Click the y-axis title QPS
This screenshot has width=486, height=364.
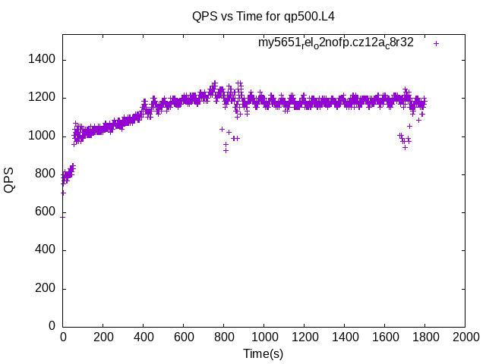(9, 180)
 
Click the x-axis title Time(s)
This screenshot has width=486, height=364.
(263, 353)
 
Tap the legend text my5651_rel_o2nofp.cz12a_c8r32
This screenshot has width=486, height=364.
(336, 43)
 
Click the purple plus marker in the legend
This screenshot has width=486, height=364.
(437, 43)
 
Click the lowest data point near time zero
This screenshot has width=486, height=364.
(63, 216)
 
